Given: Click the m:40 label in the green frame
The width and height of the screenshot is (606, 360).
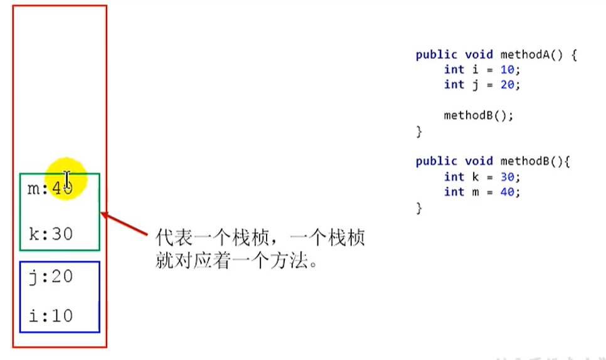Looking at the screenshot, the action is pos(50,188).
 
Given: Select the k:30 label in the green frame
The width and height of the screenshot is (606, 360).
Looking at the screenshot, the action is pos(51,234).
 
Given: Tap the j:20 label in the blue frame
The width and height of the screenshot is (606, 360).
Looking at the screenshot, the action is pos(51,277).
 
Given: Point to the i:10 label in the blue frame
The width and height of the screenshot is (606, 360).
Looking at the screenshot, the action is pos(51,315).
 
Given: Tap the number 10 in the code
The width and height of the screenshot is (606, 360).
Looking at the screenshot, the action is pos(509,70).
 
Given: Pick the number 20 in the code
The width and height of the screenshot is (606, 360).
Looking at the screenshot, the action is pos(509,85).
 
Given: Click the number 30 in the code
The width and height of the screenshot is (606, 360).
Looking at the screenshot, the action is pos(509,177).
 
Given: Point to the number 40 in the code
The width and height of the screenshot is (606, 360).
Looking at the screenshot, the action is pos(509,192).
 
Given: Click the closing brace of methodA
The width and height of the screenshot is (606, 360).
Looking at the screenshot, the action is pos(419,132).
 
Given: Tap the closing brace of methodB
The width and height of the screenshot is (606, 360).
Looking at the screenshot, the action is pos(419,208).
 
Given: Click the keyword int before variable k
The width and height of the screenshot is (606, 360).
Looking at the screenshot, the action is pos(454,177).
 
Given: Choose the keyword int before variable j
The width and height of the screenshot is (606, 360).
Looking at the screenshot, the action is pos(454,85).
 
